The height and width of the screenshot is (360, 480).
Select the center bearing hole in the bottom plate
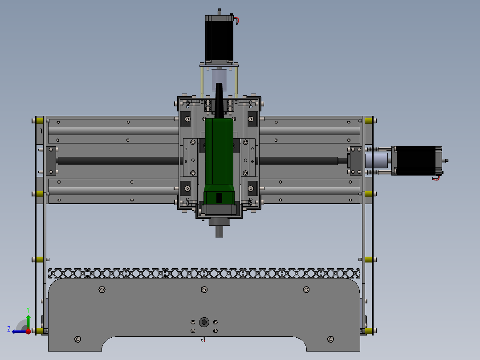coord(204,322)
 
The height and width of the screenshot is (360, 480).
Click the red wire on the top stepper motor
coord(237,20)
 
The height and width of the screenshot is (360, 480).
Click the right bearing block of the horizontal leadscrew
coord(355,160)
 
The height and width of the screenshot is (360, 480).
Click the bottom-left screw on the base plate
coord(78,340)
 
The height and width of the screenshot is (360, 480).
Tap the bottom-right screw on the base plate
coord(330,340)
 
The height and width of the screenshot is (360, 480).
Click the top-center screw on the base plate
coord(204,290)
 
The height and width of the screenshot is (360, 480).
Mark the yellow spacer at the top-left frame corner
coord(40,120)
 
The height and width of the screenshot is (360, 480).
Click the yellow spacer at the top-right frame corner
coord(368,120)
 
